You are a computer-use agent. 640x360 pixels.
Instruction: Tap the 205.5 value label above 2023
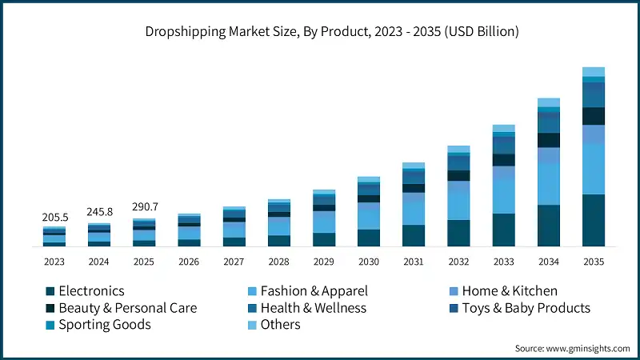pos(54,217)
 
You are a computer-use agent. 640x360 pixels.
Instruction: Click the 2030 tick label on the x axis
pos(369,262)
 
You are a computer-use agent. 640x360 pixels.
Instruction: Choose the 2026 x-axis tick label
pos(189,262)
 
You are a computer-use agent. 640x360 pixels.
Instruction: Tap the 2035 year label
pos(593,262)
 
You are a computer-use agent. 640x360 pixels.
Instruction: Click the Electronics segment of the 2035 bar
pos(593,220)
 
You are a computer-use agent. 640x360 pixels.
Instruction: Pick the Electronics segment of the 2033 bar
pos(503,230)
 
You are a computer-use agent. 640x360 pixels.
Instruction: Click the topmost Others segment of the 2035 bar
pos(593,72)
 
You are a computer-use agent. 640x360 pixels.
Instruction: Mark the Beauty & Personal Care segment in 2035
pos(593,116)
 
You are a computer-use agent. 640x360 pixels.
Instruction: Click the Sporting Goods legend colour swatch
pos(50,325)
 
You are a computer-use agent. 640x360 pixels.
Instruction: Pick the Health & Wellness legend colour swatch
pos(252,308)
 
